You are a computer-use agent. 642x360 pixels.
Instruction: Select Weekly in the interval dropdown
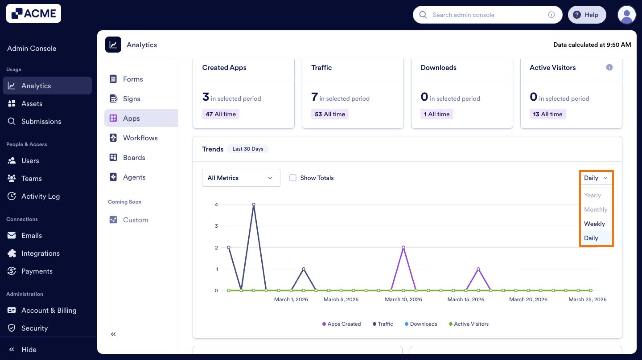(594, 224)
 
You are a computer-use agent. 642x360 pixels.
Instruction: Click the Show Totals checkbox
(293, 178)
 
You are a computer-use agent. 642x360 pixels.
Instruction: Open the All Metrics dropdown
(241, 178)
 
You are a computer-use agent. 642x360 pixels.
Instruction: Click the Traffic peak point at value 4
(254, 205)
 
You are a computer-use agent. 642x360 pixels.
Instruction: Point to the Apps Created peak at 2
(403, 247)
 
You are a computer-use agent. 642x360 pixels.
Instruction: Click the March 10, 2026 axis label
(403, 299)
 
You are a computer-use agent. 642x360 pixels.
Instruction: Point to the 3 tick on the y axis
(216, 226)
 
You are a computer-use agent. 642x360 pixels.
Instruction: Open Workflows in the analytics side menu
(140, 138)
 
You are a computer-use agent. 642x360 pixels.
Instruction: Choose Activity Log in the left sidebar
(40, 196)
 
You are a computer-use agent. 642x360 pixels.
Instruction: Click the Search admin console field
(486, 15)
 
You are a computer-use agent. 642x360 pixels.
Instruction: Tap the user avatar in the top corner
(626, 15)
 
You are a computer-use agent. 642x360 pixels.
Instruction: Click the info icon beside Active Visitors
(609, 67)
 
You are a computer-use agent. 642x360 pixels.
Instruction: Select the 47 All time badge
(221, 114)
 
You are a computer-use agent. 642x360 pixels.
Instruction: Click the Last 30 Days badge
(248, 149)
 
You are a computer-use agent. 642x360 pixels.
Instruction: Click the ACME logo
(33, 13)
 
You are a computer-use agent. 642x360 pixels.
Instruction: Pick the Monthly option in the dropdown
(596, 209)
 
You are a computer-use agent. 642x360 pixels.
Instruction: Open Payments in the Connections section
(37, 271)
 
